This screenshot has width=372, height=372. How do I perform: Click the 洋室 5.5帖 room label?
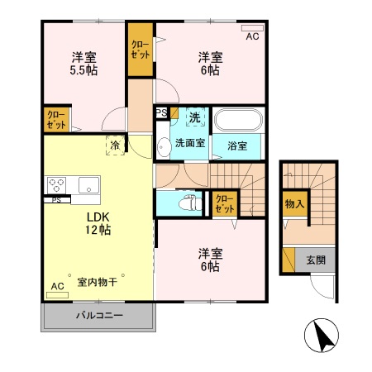pyautogui.click(x=83, y=64)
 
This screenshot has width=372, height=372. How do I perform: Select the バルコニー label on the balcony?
pyautogui.click(x=98, y=316)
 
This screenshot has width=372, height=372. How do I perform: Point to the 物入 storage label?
pyautogui.click(x=293, y=203)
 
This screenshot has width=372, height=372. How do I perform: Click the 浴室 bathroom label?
pyautogui.click(x=237, y=146)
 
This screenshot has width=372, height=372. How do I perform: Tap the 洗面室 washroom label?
pyautogui.click(x=189, y=143)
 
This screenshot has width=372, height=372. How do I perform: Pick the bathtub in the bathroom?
pyautogui.click(x=238, y=121)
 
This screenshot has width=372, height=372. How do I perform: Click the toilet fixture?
pyautogui.click(x=188, y=201)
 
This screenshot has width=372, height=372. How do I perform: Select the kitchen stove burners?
pyautogui.click(x=57, y=184)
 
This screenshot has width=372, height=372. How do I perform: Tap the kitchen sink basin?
pyautogui.click(x=88, y=184)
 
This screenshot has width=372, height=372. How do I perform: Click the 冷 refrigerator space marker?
pyautogui.click(x=113, y=145)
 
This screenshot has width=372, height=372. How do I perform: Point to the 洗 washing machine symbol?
pyautogui.click(x=195, y=118)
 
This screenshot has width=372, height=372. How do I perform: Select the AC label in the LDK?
pyautogui.click(x=56, y=287)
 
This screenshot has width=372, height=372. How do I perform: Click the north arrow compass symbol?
pyautogui.click(x=323, y=335)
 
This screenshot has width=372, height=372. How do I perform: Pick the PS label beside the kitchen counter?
pyautogui.click(x=56, y=199)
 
